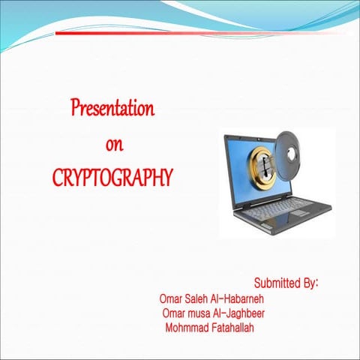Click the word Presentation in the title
tap(112, 109)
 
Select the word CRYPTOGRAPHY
tap(112, 178)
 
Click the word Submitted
tap(277, 284)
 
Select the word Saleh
tap(199, 299)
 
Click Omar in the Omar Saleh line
tap(171, 299)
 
